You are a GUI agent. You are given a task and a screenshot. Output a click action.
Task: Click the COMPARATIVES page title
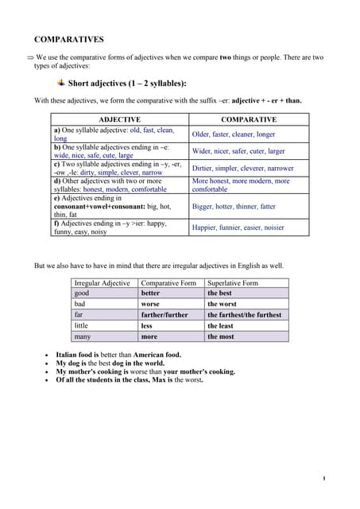coord(68,39)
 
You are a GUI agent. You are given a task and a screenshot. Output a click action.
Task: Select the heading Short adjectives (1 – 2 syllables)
coord(127,83)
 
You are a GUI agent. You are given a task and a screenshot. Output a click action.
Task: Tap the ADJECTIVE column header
coord(118,119)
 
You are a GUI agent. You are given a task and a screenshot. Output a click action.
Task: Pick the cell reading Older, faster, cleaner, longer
coord(234,134)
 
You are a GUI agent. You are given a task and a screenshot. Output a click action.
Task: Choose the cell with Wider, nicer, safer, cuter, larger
coord(238,150)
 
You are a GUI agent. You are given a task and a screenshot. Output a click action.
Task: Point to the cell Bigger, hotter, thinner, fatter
coord(234,206)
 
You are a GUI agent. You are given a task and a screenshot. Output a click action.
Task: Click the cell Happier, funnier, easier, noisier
coord(238,227)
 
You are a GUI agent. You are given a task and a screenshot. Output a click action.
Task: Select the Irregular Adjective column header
coord(102,282)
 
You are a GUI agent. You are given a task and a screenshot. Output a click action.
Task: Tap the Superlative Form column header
coord(232,282)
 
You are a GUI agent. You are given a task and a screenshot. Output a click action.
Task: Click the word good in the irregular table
coord(81,293)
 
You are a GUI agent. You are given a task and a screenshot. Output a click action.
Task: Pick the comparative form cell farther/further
coord(165,314)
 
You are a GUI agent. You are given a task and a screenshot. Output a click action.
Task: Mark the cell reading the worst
coord(222,304)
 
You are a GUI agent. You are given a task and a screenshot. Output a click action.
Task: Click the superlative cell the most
coord(221,336)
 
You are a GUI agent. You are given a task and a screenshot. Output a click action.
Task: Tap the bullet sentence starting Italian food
coord(118,355)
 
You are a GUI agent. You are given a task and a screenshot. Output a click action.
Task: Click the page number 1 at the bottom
coord(324,478)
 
